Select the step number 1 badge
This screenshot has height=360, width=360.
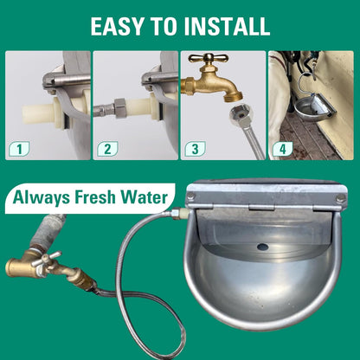pos(19,148)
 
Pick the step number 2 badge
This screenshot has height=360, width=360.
pos(107,148)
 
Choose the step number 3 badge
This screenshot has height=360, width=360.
pos(195,148)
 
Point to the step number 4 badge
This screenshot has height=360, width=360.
pos(282,148)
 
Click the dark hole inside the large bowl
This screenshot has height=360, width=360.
pos(261,247)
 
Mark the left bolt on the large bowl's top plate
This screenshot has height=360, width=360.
pos(191,197)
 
